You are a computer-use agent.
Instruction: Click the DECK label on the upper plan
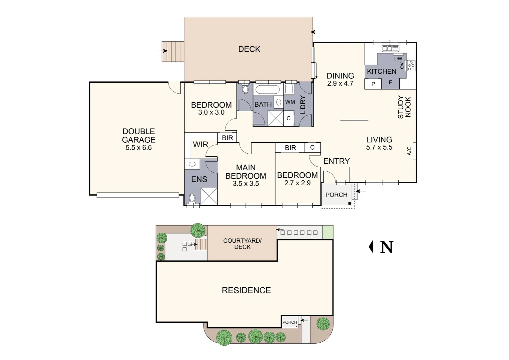click(x=249, y=49)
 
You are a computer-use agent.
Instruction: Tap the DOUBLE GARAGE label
click(x=139, y=135)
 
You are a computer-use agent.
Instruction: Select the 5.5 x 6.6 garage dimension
click(x=139, y=148)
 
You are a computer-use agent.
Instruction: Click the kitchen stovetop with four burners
click(x=411, y=66)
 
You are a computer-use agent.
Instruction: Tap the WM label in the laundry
click(x=290, y=102)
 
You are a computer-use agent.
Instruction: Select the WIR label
click(x=200, y=145)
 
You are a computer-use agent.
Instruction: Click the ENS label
click(x=199, y=179)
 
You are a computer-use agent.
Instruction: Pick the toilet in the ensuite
click(x=192, y=198)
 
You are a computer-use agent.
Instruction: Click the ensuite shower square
click(x=209, y=196)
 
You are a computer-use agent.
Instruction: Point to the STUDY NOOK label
click(x=404, y=107)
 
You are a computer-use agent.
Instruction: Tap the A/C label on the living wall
click(x=409, y=151)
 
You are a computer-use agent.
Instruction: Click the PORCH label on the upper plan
click(x=336, y=195)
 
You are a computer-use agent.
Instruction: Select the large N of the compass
click(x=386, y=247)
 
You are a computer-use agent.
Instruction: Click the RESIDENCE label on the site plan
click(x=246, y=290)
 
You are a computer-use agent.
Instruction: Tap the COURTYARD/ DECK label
click(x=242, y=244)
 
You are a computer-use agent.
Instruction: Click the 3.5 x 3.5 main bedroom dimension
click(x=246, y=184)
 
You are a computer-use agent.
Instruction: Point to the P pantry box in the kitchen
click(x=373, y=84)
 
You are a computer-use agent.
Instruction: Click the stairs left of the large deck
click(x=173, y=51)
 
